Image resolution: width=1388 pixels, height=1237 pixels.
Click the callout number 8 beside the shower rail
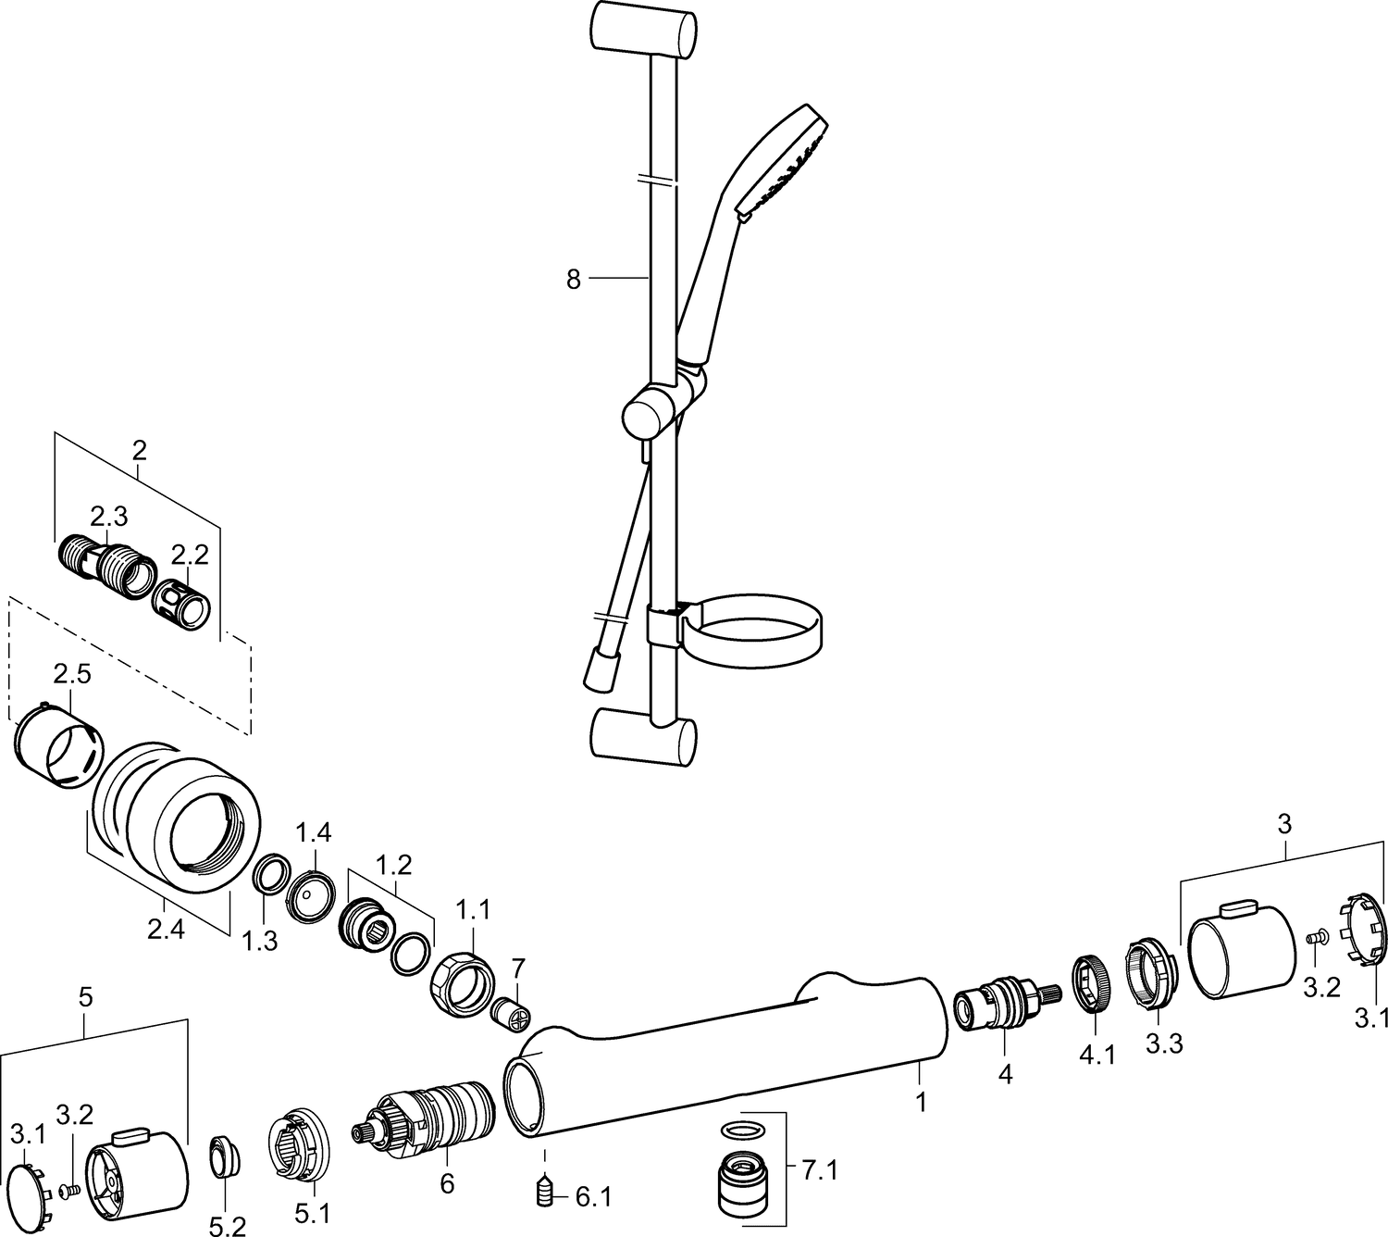click(574, 280)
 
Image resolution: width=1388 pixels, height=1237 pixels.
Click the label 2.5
click(72, 675)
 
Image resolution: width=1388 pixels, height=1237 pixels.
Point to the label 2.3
click(109, 517)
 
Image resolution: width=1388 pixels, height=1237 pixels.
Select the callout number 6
click(447, 1182)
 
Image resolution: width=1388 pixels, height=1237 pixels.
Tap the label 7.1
click(820, 1170)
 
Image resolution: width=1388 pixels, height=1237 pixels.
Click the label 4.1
click(1097, 1056)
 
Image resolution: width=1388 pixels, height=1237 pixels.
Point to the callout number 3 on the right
click(1283, 824)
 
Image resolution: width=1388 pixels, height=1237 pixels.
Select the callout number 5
click(85, 998)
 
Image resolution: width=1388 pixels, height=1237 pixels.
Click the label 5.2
click(228, 1225)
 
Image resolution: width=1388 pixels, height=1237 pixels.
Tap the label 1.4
click(313, 833)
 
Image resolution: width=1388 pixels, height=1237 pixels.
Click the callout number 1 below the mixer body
click(922, 1103)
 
